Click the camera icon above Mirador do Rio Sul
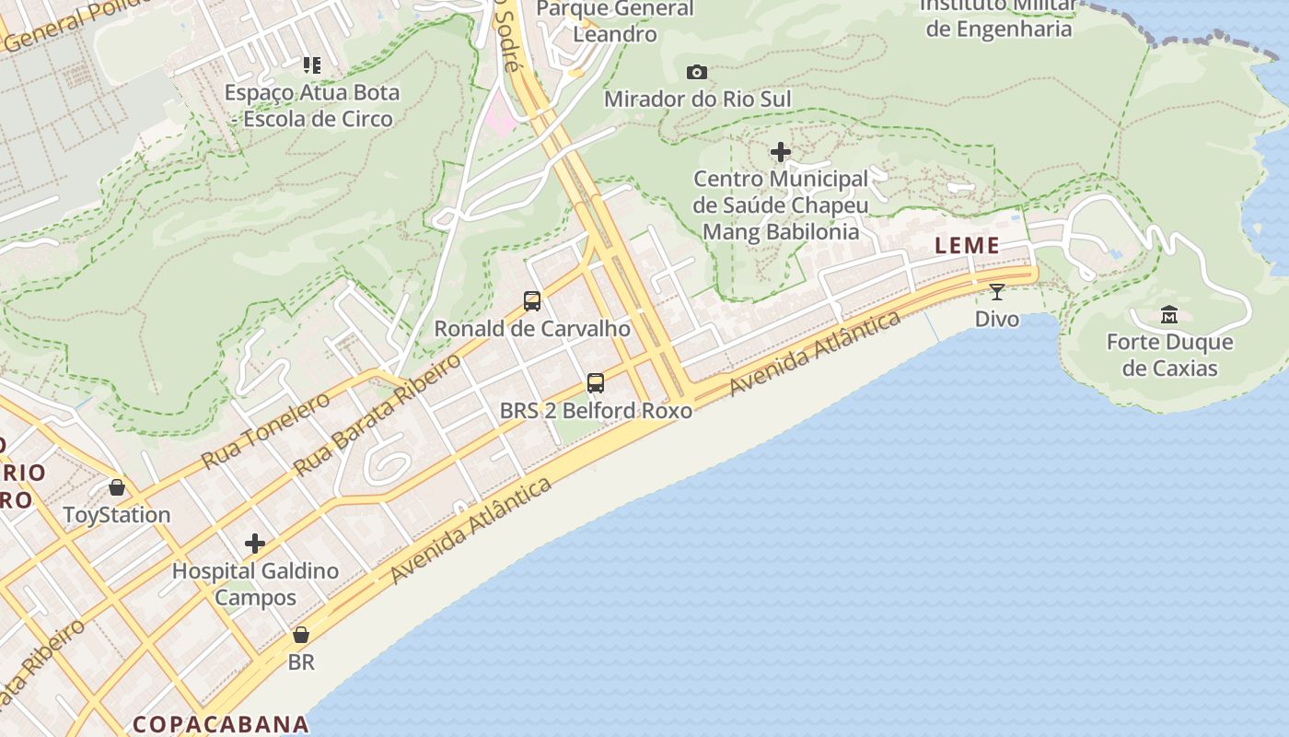tap(697, 72)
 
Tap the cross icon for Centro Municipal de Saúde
tap(781, 151)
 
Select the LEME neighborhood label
tap(967, 245)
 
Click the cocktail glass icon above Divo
tap(996, 292)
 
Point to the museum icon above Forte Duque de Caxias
tap(1169, 315)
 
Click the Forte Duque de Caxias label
tap(1169, 356)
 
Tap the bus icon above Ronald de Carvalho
tap(532, 301)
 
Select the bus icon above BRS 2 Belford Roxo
tap(596, 383)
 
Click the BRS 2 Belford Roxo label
tap(596, 411)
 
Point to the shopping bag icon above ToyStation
tap(117, 487)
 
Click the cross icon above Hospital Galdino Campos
tap(255, 544)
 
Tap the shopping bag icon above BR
tap(301, 635)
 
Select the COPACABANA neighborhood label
tap(220, 723)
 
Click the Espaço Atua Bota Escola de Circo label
tap(313, 106)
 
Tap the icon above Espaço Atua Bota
tap(312, 65)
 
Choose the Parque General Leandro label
tap(615, 21)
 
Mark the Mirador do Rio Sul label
tap(697, 99)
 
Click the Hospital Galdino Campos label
tap(255, 584)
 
